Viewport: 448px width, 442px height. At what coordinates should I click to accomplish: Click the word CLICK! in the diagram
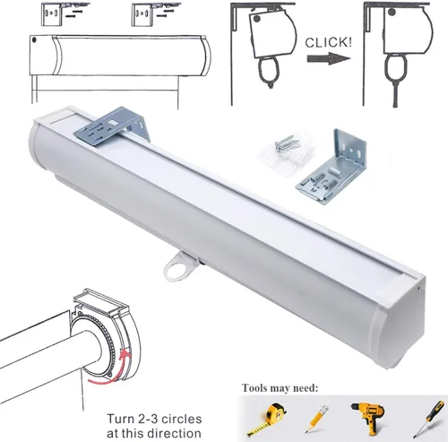click(x=328, y=43)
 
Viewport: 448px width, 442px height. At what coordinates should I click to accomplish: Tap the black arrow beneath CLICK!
click(x=329, y=58)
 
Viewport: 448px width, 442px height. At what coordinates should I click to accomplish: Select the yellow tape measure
click(x=267, y=419)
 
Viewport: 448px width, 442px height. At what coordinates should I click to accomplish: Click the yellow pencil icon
click(x=316, y=419)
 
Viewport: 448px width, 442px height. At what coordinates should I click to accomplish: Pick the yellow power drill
click(x=368, y=418)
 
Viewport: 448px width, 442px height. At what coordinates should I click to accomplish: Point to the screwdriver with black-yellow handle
click(x=429, y=419)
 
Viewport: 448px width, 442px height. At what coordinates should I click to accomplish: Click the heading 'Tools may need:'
click(x=280, y=388)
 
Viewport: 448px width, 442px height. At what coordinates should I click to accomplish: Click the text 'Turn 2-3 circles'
click(x=154, y=419)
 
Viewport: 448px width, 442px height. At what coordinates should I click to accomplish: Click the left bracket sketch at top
click(x=63, y=13)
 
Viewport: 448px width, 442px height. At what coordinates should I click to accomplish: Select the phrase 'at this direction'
click(x=154, y=433)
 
